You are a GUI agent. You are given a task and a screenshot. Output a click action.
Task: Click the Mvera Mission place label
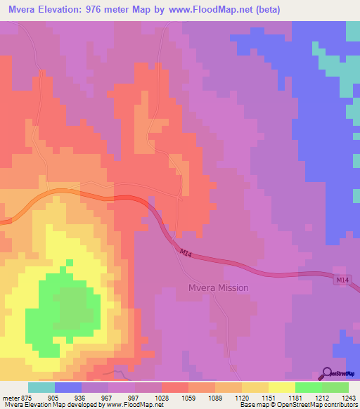point(218,288)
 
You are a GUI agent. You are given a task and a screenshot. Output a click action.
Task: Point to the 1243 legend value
point(349,396)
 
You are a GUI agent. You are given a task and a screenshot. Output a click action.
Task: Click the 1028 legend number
point(162,396)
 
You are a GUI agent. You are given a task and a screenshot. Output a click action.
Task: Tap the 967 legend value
point(108,396)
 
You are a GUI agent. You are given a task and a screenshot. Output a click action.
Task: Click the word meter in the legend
point(11,396)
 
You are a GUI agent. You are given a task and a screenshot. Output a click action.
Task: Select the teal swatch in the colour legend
point(41,387)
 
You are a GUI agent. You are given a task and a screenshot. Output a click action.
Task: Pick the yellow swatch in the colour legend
point(281,387)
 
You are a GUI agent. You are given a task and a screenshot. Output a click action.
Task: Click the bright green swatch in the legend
point(308,387)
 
